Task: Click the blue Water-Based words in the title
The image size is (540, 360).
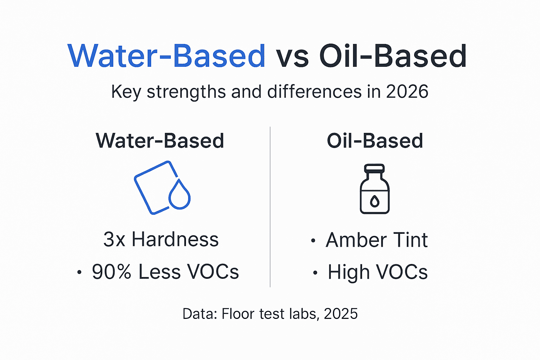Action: click(167, 56)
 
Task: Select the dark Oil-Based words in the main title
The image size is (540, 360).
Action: click(393, 56)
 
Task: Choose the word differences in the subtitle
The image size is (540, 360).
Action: click(314, 92)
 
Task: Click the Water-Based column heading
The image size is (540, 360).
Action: click(160, 141)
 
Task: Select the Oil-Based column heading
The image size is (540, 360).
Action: click(375, 141)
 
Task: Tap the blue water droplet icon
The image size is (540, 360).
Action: click(179, 195)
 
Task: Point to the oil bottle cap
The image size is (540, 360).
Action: click(374, 168)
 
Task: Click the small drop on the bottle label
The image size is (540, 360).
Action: click(375, 201)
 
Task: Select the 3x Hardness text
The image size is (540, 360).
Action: click(161, 240)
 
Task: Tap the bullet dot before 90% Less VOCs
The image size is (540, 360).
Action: click(79, 272)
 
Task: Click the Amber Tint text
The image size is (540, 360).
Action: click(377, 240)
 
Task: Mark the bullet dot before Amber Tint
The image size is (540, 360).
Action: click(313, 241)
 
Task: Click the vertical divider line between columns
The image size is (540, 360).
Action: click(270, 207)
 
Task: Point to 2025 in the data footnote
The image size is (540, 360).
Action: click(341, 314)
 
